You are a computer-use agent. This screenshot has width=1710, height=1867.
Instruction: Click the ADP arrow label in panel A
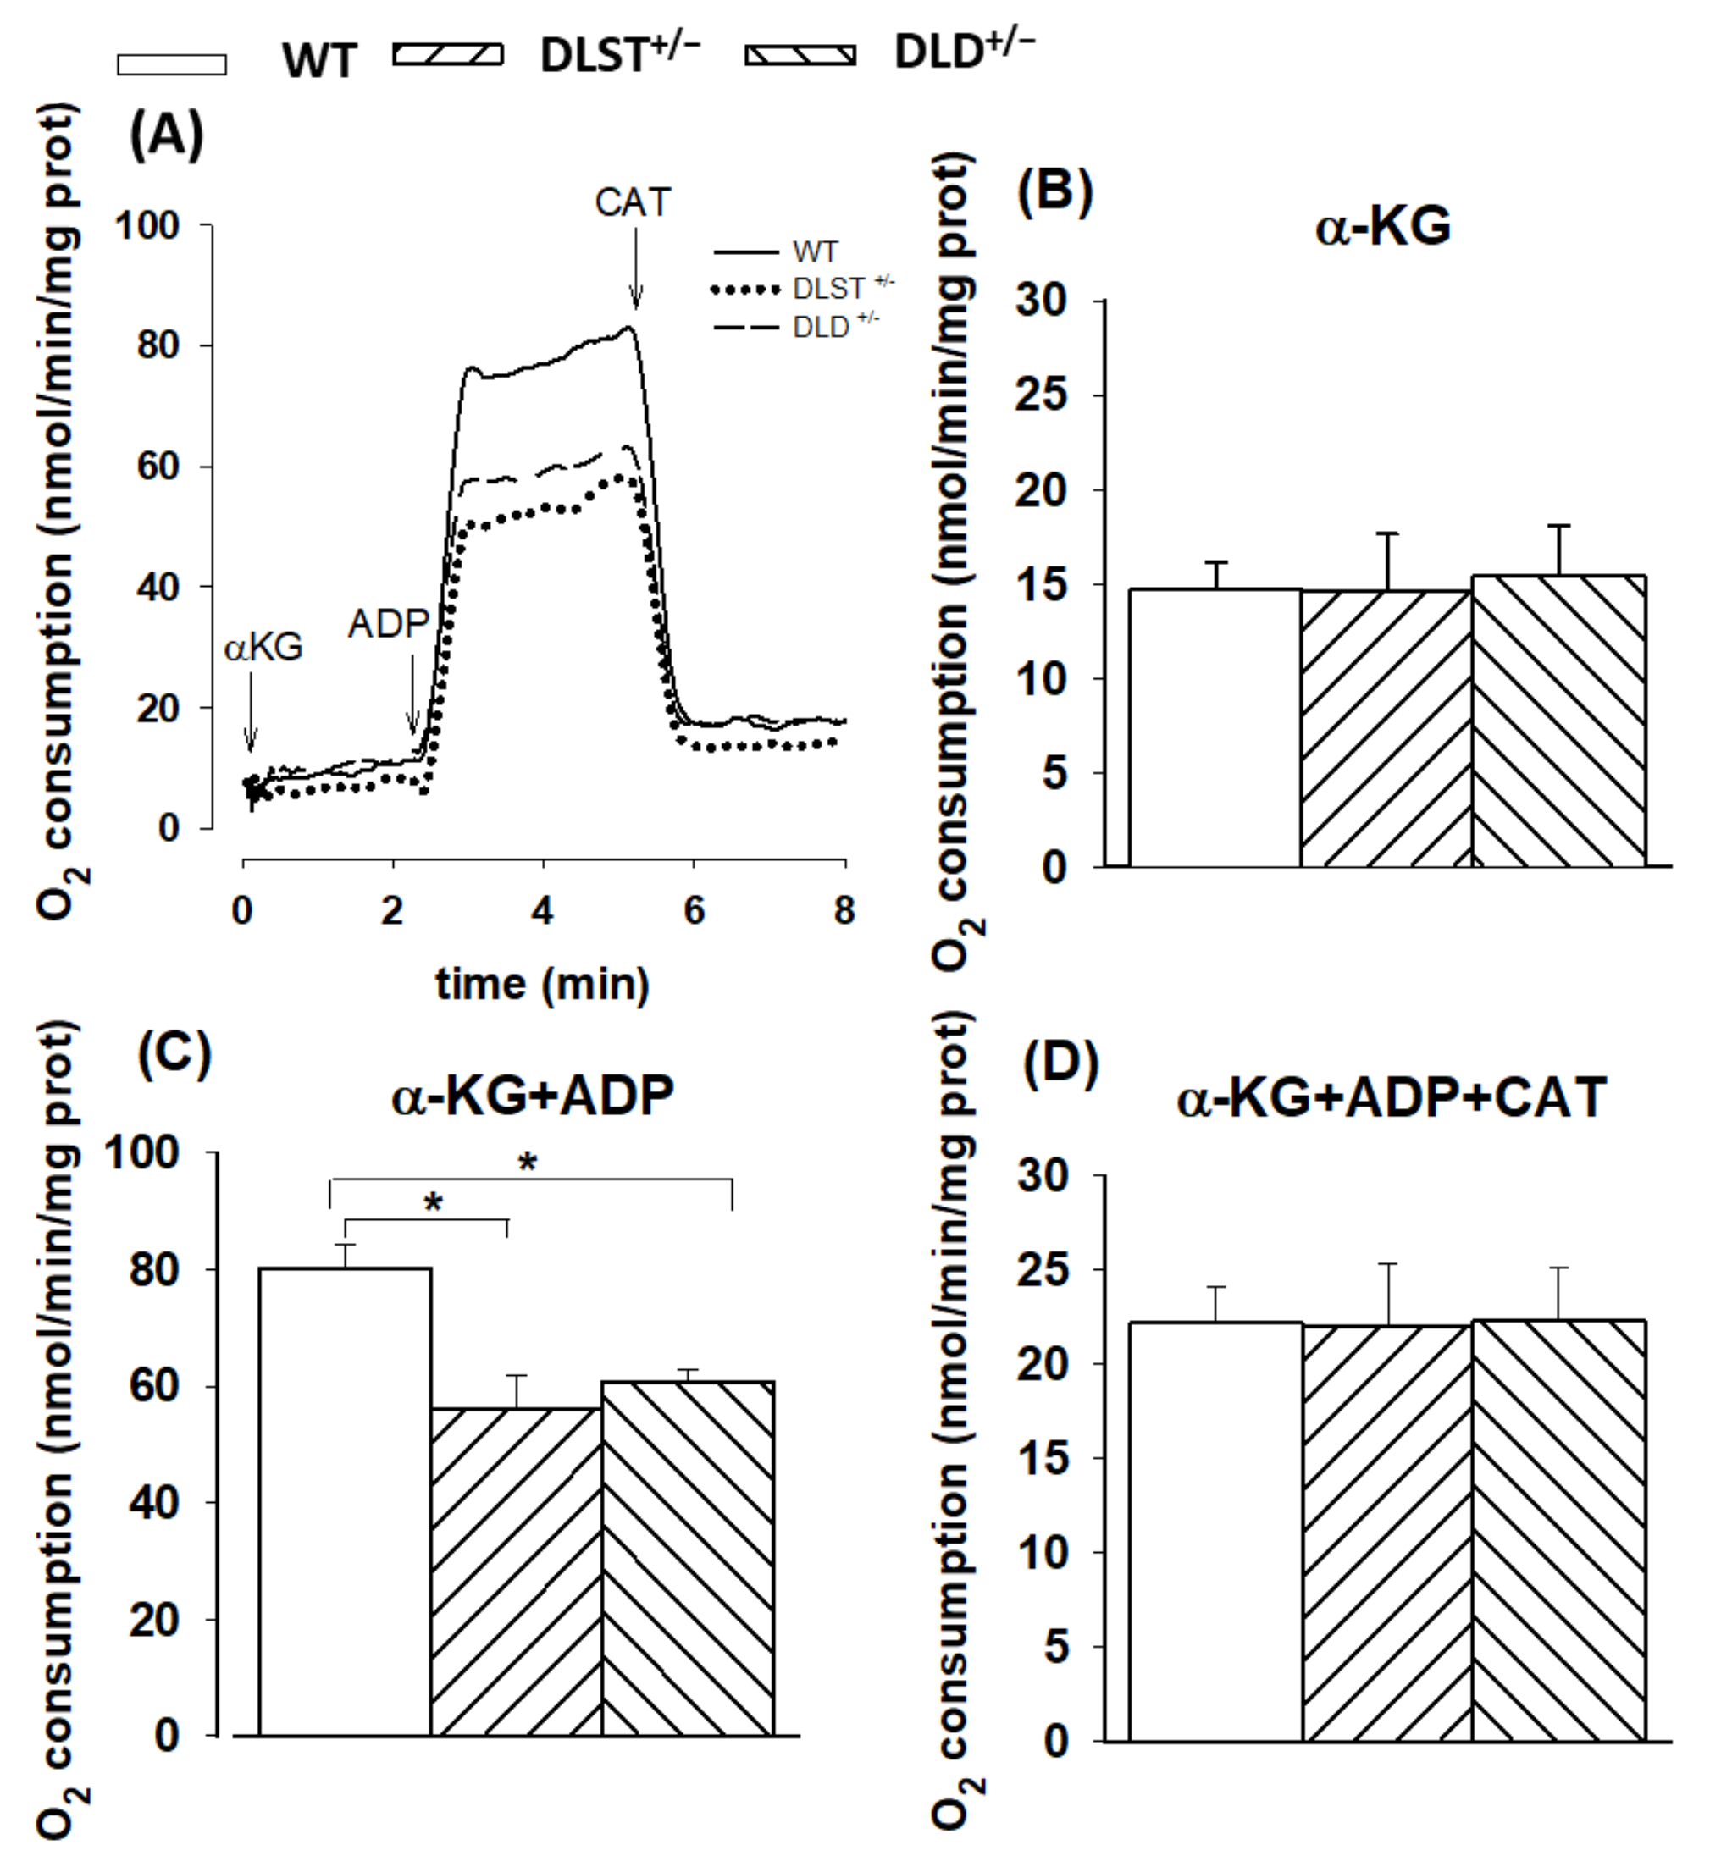click(x=388, y=624)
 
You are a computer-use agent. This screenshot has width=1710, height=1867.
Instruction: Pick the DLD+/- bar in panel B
click(x=1558, y=722)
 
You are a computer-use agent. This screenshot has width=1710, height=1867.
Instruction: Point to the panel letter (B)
click(x=1055, y=191)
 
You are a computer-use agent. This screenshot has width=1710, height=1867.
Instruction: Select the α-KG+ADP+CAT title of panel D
click(x=1391, y=1098)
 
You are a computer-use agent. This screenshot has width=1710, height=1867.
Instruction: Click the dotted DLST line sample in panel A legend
click(x=744, y=290)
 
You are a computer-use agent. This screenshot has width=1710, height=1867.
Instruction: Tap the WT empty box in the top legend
click(x=171, y=64)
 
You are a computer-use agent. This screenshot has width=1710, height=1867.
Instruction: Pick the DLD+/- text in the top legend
click(x=963, y=51)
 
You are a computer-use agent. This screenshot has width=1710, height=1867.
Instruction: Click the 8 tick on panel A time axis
click(x=843, y=911)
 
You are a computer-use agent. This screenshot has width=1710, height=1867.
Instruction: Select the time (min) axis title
click(x=542, y=984)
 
